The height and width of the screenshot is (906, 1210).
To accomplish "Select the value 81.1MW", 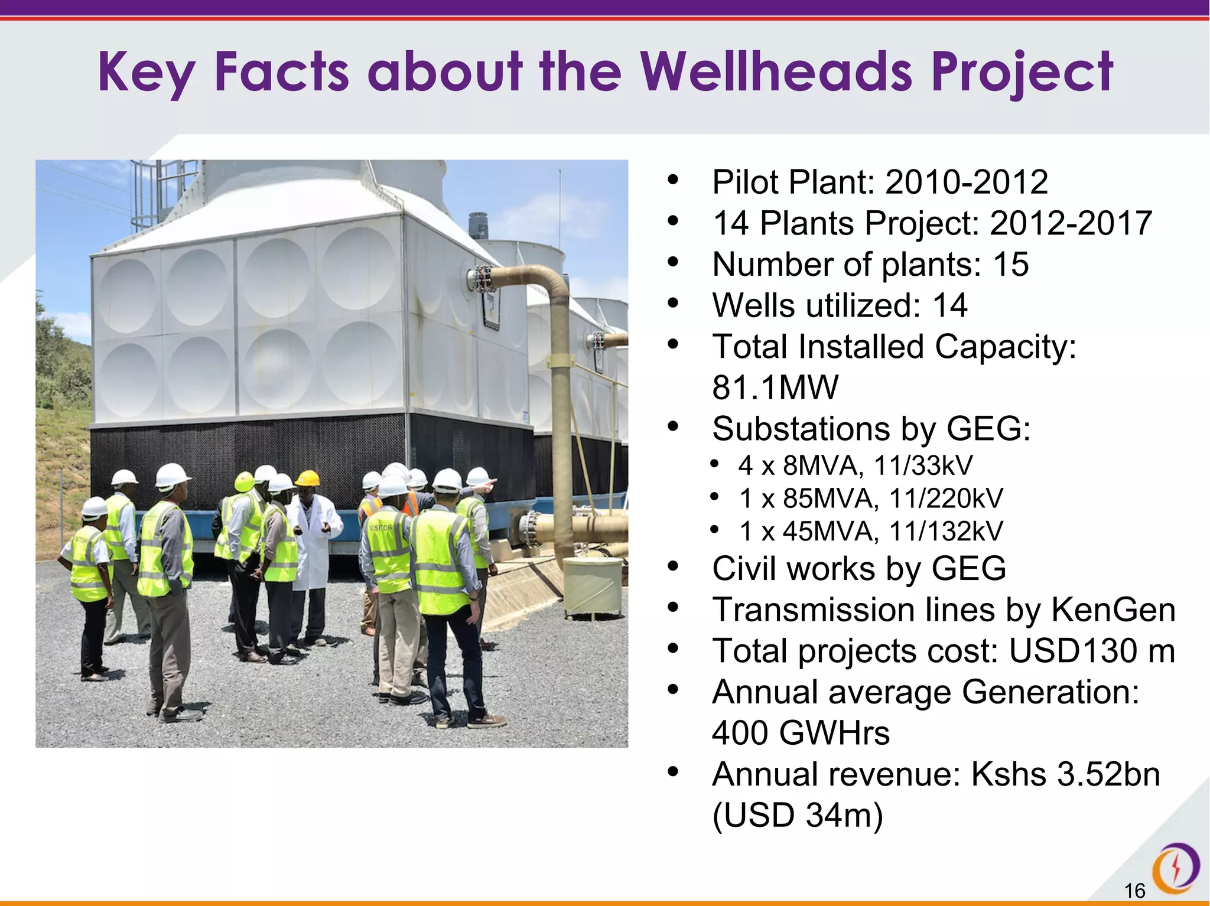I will [775, 387].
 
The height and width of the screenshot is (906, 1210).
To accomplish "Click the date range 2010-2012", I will [967, 182].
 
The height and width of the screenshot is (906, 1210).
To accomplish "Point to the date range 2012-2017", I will [1071, 223].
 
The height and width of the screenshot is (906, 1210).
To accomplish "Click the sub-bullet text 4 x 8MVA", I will [801, 465].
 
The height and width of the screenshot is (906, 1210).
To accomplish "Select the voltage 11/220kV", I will [945, 498].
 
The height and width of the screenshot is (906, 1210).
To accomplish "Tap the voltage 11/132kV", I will [945, 532].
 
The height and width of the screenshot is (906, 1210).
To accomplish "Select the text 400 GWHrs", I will [801, 733].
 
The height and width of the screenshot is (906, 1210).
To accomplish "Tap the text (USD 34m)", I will [797, 816].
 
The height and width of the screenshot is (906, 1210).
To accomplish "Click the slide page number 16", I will [1134, 890].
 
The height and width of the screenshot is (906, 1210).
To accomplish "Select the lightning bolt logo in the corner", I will [1176, 868].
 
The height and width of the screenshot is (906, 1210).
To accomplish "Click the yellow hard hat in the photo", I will [307, 478].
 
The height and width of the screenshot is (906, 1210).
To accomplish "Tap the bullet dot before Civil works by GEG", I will [673, 567].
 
